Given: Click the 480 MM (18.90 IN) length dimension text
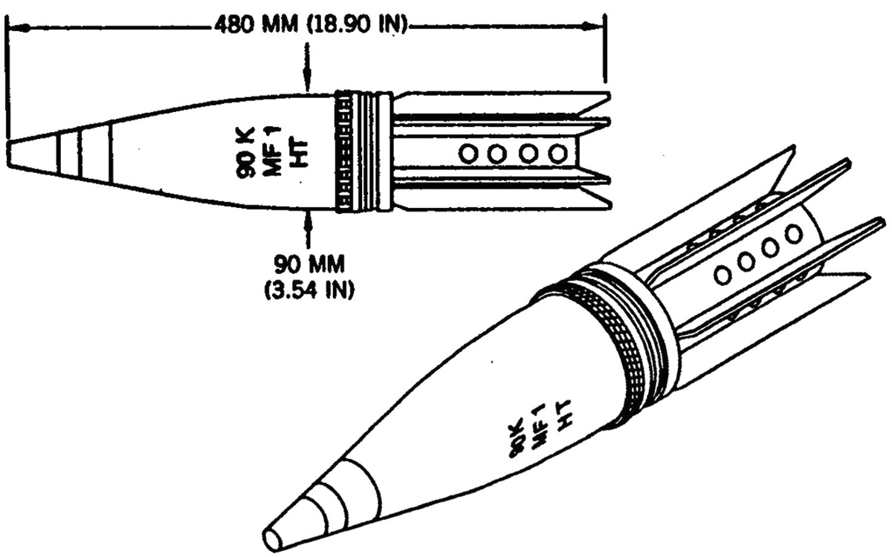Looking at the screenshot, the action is [311, 25].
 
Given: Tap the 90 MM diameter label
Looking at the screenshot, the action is [309, 264].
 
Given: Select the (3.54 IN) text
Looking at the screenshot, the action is [309, 290].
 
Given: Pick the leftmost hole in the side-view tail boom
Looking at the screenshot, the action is [468, 154].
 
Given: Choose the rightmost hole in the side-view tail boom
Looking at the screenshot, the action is [557, 153].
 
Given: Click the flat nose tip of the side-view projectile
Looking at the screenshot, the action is [9, 152].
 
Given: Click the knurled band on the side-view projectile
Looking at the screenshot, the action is [344, 152].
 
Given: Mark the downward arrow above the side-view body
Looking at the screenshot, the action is [307, 67].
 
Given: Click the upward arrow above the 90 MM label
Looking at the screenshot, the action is [308, 230].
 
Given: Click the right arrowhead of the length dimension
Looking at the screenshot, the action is [592, 26].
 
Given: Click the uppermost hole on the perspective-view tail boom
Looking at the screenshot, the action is [793, 234].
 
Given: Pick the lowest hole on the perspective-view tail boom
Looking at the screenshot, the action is [723, 276].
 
